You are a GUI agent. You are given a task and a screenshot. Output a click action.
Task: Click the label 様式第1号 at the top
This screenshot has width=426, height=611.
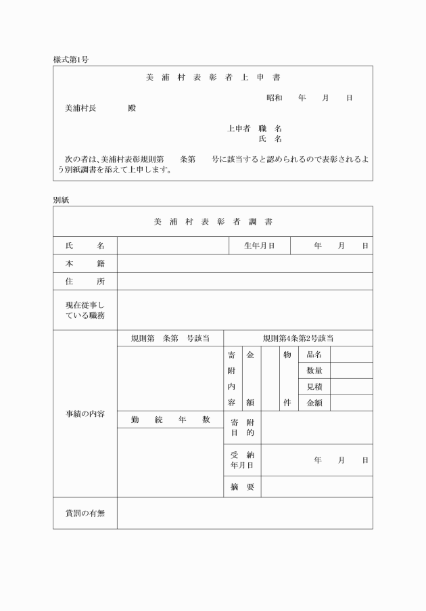(x=70, y=60)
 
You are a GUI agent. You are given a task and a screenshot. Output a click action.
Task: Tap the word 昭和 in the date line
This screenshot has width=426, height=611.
(x=275, y=98)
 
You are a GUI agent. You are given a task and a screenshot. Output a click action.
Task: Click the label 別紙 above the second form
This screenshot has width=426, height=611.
(x=61, y=200)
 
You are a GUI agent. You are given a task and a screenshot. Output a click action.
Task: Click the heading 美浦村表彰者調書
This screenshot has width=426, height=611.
(x=212, y=221)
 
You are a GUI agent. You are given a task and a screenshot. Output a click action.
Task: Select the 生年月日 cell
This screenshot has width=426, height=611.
(x=259, y=246)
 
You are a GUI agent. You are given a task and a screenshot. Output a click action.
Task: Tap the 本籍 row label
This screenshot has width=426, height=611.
(x=85, y=263)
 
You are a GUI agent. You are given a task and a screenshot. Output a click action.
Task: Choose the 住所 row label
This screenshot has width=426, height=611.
(x=85, y=281)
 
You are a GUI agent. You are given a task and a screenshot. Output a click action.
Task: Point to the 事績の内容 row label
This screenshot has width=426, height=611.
(x=85, y=413)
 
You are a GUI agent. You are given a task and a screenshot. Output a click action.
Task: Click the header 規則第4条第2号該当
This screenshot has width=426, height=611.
(x=298, y=338)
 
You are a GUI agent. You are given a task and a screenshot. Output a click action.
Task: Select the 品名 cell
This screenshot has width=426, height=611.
(x=314, y=355)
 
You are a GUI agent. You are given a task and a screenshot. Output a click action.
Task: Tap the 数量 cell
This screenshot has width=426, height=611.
(x=314, y=371)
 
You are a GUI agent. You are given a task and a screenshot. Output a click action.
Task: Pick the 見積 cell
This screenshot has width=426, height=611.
(x=314, y=386)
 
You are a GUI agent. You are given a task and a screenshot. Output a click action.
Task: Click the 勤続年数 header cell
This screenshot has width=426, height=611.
(x=170, y=420)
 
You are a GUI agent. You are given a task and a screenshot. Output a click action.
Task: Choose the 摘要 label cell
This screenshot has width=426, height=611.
(x=241, y=486)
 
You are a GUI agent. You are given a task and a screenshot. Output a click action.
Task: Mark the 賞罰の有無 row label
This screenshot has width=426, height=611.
(x=85, y=513)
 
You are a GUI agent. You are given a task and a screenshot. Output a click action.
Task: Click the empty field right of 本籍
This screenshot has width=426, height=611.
(x=244, y=263)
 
